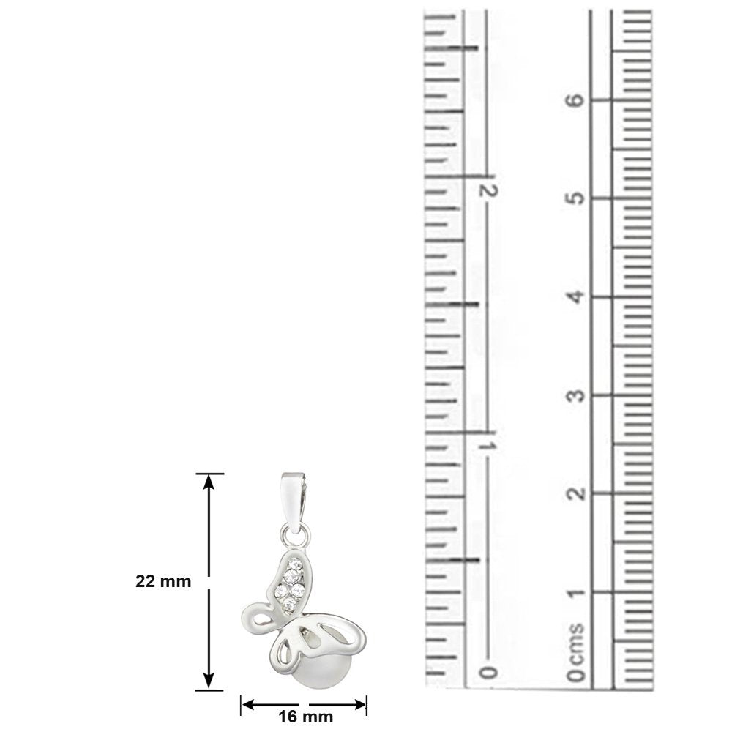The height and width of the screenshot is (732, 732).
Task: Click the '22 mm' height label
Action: coord(163,582)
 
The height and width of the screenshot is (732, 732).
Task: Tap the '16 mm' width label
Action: coord(306,717)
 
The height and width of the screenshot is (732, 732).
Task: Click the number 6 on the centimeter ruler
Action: coord(578,100)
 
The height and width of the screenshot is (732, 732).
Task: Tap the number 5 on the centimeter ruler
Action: coord(578,198)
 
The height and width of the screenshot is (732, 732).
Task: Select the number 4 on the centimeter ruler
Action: coord(578,296)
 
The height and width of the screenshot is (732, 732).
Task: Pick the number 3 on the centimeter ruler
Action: coord(578,395)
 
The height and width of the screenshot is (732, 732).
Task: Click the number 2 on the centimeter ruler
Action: coord(578,493)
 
